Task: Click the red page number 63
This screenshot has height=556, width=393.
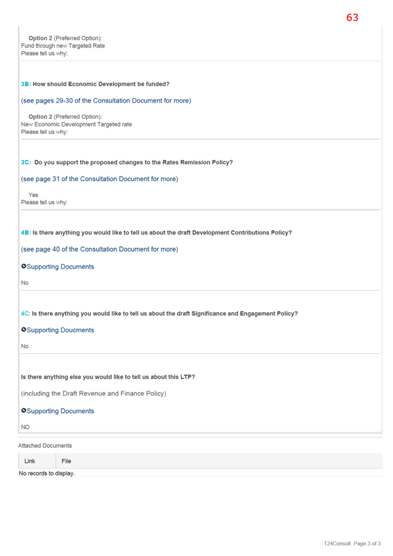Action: [x=352, y=17]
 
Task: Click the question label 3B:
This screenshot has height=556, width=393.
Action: [x=26, y=84]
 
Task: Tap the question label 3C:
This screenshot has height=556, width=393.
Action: [x=26, y=163]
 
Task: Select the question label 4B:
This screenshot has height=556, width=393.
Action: [x=26, y=233]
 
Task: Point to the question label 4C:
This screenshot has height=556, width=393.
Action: [x=25, y=313]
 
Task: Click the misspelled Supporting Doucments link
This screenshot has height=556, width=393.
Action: [x=60, y=330]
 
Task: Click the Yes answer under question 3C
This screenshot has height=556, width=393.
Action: [x=33, y=195]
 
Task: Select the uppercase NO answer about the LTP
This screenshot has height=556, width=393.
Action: [x=25, y=427]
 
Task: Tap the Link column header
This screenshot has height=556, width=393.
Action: [x=30, y=461]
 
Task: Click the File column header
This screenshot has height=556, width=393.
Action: [x=67, y=461]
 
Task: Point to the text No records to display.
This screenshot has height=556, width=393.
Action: [x=47, y=473]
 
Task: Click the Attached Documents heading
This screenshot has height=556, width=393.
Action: [x=45, y=446]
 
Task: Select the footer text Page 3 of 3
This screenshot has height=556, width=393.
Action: [x=367, y=543]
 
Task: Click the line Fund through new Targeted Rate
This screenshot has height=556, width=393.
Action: [x=63, y=46]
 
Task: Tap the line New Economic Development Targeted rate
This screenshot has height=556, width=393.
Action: [x=76, y=124]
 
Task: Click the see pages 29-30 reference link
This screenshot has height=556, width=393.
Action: [x=106, y=101]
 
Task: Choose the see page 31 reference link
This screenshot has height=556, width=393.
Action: [x=100, y=179]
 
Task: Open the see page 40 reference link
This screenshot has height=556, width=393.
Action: [x=100, y=249]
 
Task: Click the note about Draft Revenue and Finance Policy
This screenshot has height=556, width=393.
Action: [x=94, y=393]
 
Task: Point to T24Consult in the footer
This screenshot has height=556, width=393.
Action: [x=337, y=543]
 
